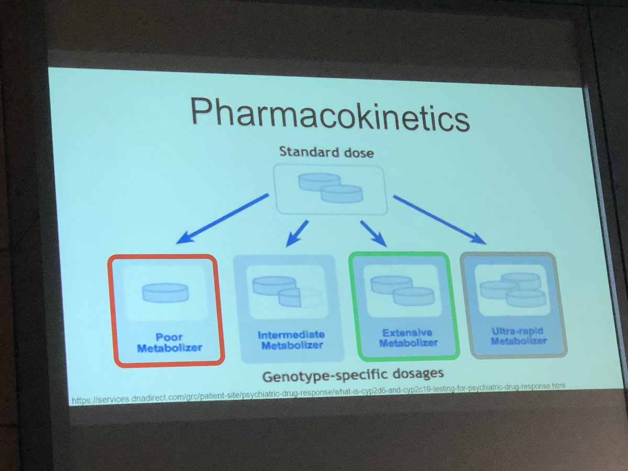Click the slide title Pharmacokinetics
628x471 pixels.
[329, 116]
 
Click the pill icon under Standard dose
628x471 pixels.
[330, 188]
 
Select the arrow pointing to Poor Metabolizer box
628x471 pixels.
[222, 219]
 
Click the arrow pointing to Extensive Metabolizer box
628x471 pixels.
[373, 233]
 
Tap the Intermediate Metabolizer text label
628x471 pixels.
[291, 340]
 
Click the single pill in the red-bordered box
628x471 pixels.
[165, 293]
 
